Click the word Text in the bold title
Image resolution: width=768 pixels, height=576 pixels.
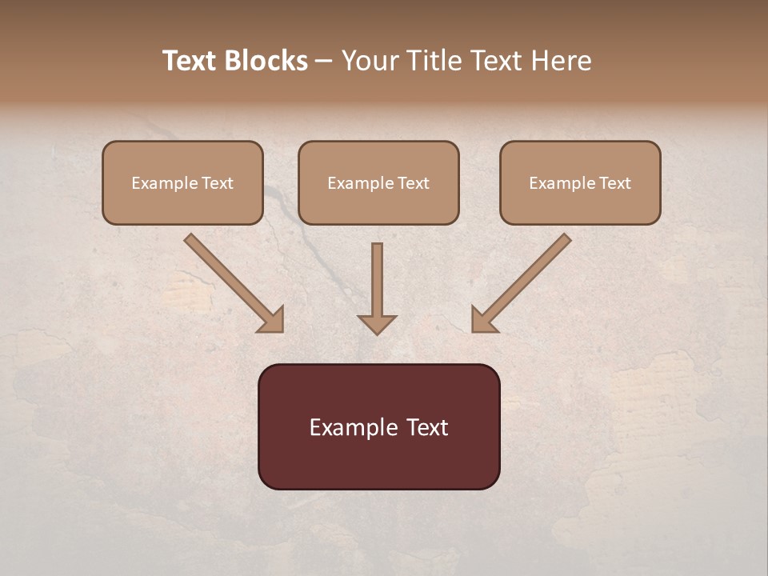[x=190, y=61]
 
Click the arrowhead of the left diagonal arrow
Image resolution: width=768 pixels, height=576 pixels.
[x=272, y=320]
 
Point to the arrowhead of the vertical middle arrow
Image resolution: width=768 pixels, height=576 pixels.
[x=377, y=324]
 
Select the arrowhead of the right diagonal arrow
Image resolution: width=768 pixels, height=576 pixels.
[x=483, y=320]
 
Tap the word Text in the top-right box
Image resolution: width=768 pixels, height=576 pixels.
[x=614, y=183]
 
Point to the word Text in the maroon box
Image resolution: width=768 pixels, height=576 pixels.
[x=428, y=427]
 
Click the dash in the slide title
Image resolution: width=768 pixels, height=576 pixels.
[x=324, y=61]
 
